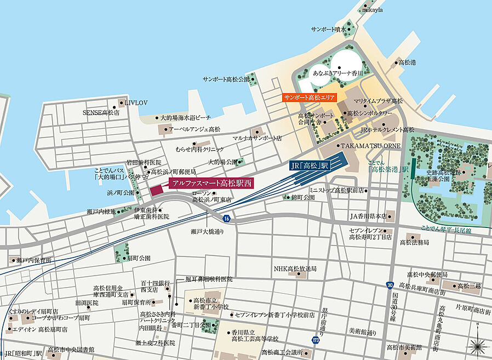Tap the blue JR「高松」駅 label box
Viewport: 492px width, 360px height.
pos(310,164)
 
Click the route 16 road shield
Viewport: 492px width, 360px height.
pos(226,219)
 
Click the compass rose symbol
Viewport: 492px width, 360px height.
pos(478,345)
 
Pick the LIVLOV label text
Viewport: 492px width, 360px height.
pos(136,102)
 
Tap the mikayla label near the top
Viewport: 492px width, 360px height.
pos(372,10)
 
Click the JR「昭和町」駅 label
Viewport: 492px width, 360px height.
pos(23,353)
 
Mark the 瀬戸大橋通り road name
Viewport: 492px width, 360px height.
pos(208,231)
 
